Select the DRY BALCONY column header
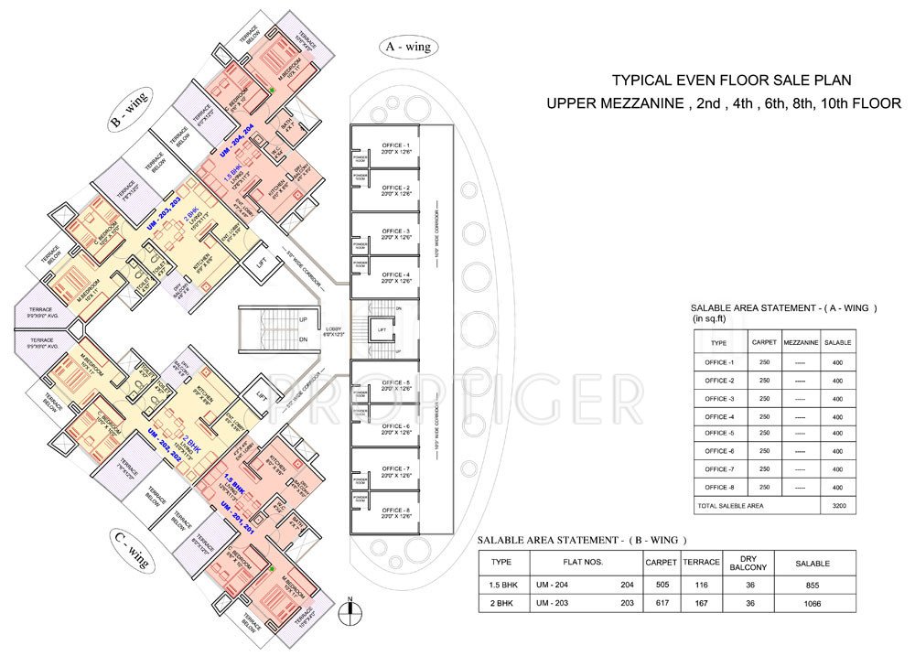point(748,562)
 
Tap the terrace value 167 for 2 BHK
point(702,603)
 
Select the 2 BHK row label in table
point(501,603)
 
